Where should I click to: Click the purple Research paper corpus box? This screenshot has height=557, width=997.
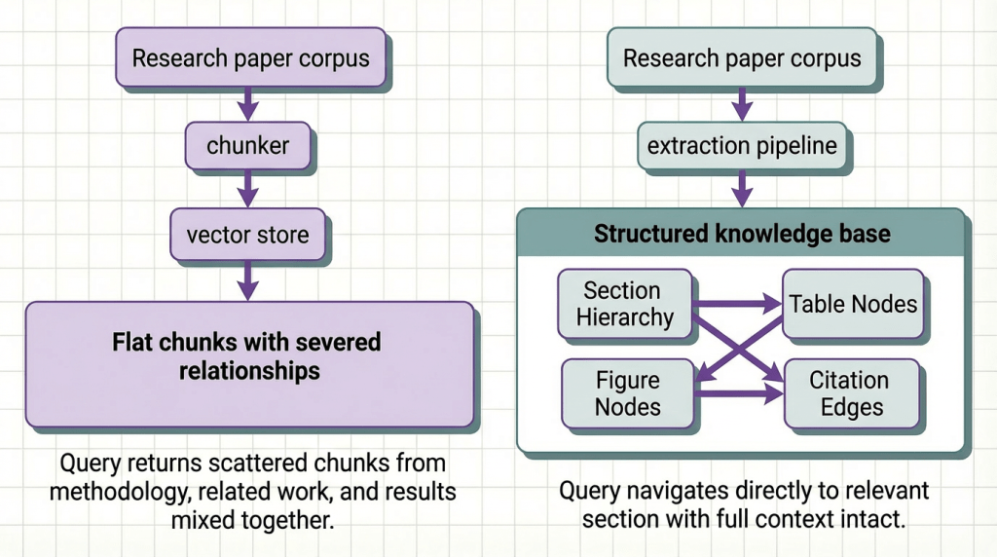(250, 57)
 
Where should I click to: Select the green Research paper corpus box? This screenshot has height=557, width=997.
(742, 57)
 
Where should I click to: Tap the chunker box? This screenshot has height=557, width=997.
(248, 147)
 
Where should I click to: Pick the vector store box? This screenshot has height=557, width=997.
(248, 235)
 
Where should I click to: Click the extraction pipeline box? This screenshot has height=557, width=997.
(742, 147)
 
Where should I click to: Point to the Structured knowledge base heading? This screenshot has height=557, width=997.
(742, 235)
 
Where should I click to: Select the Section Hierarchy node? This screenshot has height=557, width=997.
(622, 304)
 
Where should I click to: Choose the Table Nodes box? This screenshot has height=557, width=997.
(853, 304)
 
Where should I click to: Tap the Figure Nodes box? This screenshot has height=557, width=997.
(627, 392)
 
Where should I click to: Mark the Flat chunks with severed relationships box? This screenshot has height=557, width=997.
(248, 357)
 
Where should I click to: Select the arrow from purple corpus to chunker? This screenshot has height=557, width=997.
(248, 102)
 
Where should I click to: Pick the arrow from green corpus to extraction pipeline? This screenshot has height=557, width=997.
(742, 102)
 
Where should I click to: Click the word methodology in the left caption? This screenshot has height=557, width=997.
(108, 492)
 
